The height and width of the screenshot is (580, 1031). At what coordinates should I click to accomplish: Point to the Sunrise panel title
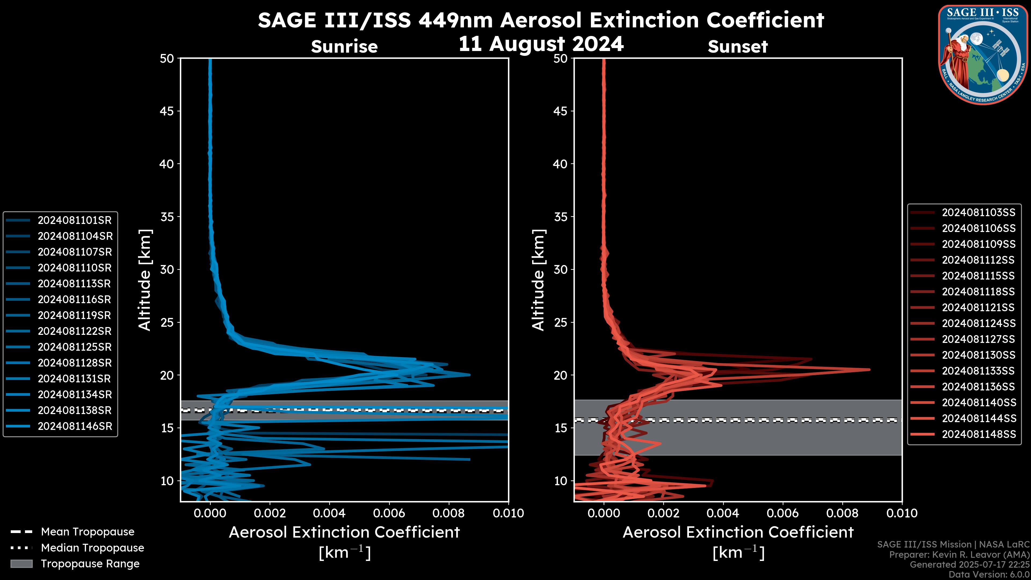[344, 47]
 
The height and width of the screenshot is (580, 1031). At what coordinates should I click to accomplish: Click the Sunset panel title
[738, 47]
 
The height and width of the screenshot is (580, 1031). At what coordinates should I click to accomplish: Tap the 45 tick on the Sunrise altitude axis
[167, 111]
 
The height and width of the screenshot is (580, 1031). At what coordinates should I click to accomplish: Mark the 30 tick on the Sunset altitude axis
[560, 269]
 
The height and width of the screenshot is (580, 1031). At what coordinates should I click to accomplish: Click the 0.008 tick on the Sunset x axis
[843, 513]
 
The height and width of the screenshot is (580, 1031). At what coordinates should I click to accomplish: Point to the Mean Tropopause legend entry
[88, 532]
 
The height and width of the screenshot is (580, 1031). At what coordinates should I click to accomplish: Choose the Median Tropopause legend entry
[92, 548]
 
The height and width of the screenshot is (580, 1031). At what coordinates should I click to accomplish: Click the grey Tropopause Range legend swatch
[21, 564]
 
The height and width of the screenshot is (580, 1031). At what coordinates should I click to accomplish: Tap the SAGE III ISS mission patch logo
[983, 55]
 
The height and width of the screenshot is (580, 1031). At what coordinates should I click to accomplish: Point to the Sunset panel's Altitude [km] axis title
[538, 280]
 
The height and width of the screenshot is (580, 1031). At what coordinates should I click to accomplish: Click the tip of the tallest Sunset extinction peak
[869, 369]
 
